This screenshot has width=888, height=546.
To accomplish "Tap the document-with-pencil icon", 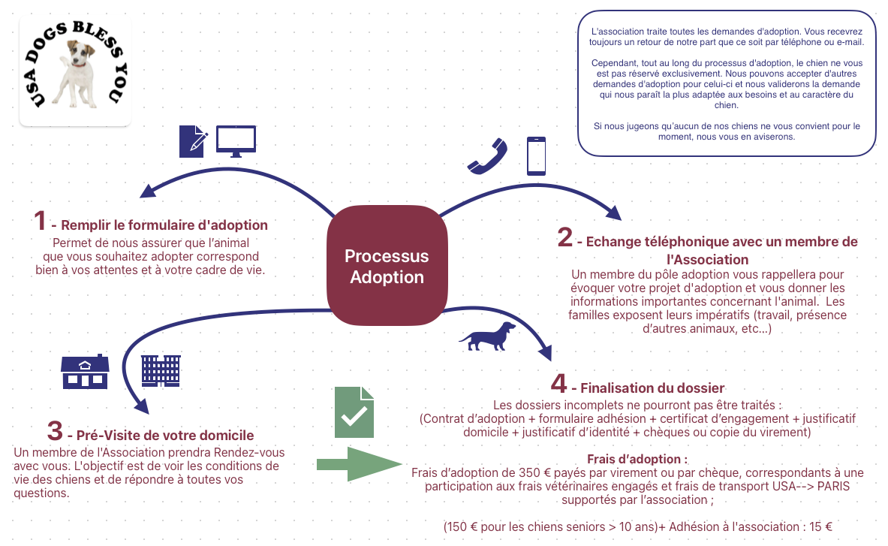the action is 193,142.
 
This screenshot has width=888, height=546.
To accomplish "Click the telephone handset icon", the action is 488,155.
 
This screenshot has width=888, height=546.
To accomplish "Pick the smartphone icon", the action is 536,155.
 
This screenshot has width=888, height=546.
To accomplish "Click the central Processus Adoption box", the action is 387,266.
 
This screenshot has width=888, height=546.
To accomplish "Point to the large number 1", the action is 40,221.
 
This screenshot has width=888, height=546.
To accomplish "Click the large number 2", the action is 564,237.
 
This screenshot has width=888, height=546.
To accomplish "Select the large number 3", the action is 55,431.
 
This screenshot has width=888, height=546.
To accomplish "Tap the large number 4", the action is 558,384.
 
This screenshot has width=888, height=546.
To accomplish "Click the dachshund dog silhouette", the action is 487,336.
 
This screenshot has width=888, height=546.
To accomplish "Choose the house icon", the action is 85,372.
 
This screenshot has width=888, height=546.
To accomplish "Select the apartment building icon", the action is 161,371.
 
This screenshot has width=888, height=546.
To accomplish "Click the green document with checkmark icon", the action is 354,412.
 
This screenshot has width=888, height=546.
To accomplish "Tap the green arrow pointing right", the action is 360,464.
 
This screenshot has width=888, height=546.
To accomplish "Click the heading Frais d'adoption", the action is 637,460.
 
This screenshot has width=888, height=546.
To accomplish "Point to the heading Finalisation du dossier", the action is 652,388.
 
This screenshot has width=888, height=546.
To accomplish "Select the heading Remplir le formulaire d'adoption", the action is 164,225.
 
